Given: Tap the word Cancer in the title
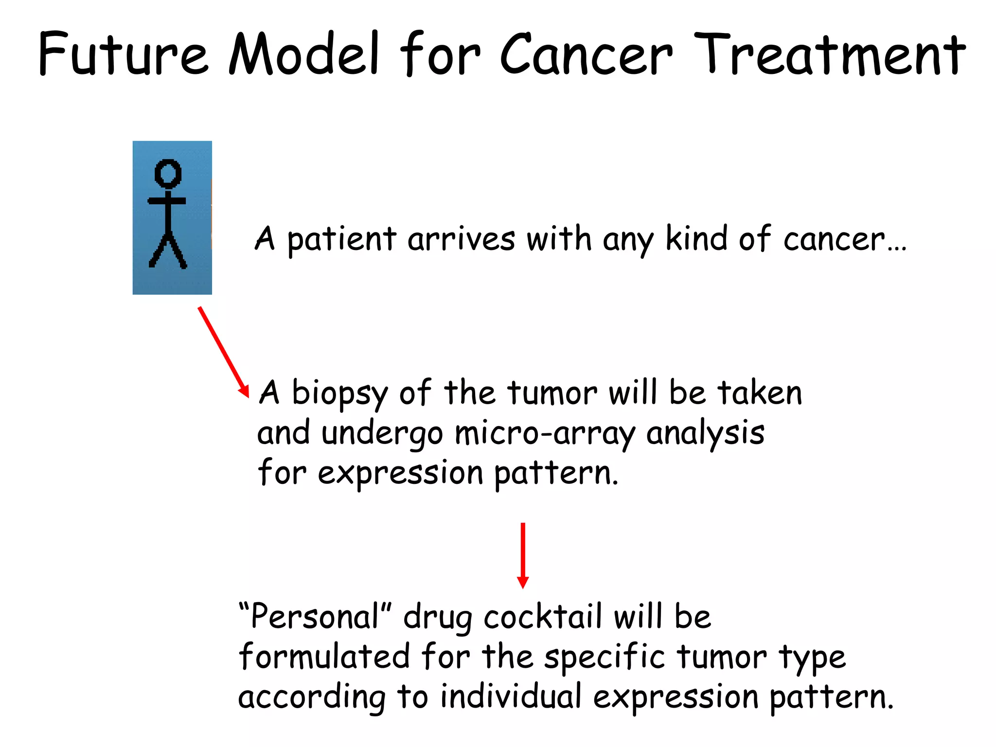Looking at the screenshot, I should tap(586, 54).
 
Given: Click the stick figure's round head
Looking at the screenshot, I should tap(168, 173).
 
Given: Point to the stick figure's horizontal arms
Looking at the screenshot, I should tap(167, 200).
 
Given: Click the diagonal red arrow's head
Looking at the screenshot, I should tap(244, 391).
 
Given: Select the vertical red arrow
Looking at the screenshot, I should tap(523, 555).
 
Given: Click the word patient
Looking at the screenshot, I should tap(341, 239).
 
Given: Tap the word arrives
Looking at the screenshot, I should tap(461, 239).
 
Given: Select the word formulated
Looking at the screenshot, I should tap(324, 657).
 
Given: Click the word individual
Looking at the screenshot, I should tap(511, 696).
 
